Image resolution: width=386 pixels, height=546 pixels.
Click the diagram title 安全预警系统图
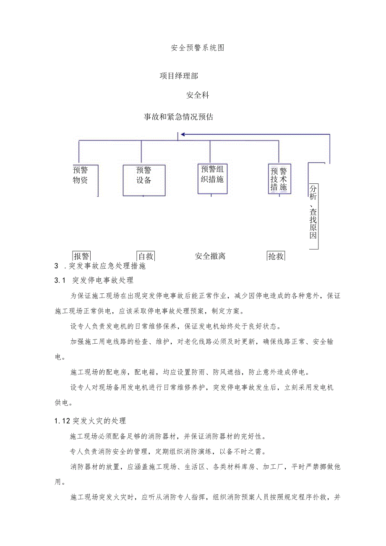point(198,48)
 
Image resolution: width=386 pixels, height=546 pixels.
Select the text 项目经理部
point(179,76)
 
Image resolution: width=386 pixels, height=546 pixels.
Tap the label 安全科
point(198,95)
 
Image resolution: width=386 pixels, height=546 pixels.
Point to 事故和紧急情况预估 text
point(179,117)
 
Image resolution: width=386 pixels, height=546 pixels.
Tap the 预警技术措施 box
point(279,179)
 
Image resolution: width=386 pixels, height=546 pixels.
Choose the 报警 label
point(81,256)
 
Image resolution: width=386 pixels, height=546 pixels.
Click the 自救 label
point(146,256)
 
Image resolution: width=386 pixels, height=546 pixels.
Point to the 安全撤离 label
point(210,256)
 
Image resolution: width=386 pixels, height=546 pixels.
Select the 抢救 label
point(276,256)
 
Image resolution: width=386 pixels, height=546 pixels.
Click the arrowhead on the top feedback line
point(183,135)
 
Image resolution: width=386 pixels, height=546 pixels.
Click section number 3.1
point(60,280)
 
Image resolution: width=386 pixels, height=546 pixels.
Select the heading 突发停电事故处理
point(103,280)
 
